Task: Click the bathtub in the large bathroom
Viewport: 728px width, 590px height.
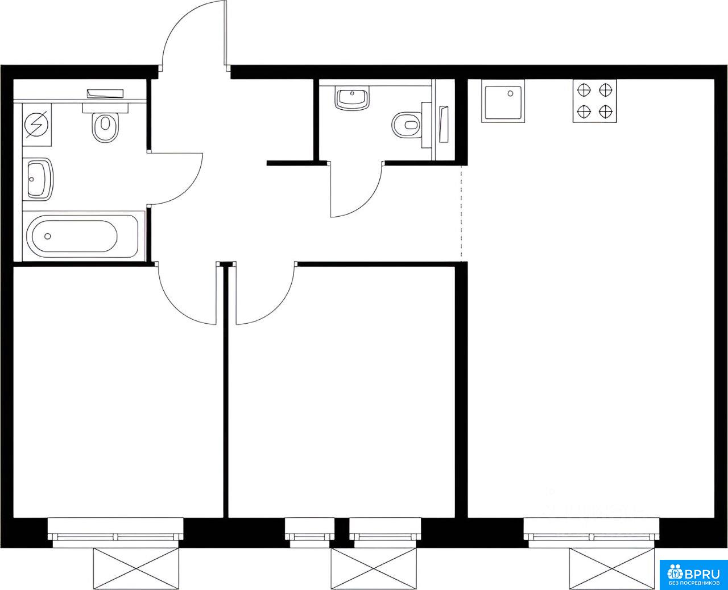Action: point(82,236)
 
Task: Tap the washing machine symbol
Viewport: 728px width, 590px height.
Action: point(37,125)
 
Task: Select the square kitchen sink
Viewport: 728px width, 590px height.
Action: point(503,101)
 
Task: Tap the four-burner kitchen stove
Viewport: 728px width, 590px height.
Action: point(595,101)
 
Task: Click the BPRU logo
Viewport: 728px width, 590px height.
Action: point(693,575)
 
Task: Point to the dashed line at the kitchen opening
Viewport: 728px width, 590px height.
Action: point(461,214)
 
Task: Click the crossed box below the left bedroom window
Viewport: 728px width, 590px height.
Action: point(136,569)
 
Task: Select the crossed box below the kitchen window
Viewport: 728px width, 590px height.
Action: point(611,569)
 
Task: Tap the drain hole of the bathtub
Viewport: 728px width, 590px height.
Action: point(48,236)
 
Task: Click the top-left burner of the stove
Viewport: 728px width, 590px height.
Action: point(584,90)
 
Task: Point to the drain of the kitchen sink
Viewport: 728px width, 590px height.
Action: point(511,93)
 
